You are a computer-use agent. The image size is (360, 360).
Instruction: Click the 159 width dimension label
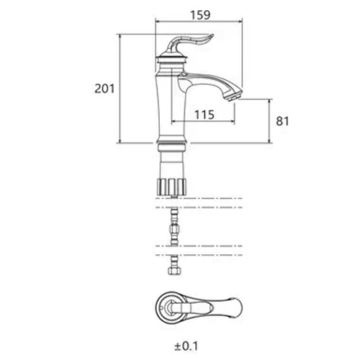200,15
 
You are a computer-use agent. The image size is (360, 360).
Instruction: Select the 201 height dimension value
104,89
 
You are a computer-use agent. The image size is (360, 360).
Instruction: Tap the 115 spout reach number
204,114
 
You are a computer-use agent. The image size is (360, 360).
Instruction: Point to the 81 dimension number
282,121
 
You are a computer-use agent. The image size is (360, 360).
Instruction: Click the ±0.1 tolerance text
186,346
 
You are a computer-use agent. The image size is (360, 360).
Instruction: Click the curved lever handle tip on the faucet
211,36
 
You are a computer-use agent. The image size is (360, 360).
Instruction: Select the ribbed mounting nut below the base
171,186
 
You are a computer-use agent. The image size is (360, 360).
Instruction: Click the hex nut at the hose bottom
174,271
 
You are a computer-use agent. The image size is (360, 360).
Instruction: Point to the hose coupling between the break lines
174,230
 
